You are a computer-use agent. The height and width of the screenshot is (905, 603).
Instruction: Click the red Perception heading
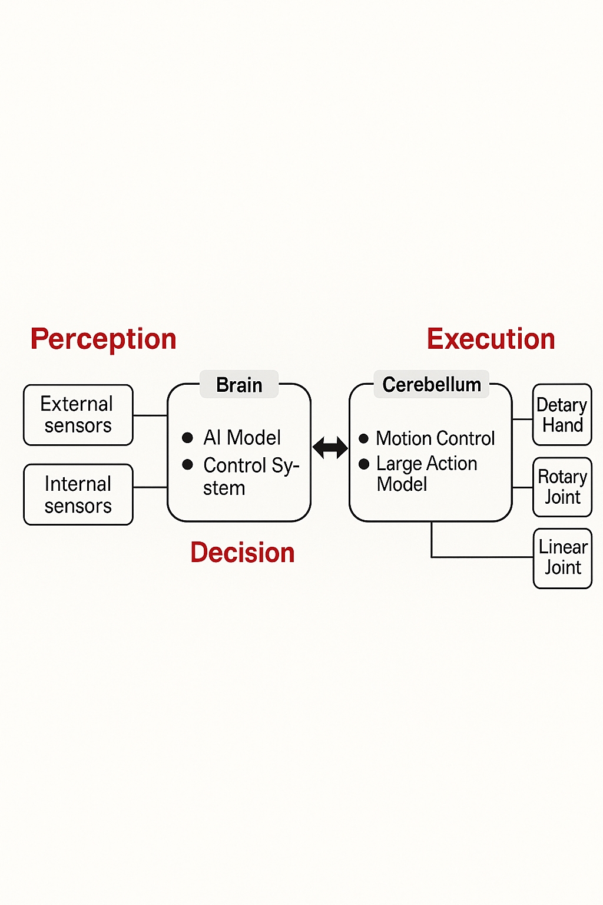tap(103, 339)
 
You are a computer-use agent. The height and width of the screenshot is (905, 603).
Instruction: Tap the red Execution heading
tap(491, 339)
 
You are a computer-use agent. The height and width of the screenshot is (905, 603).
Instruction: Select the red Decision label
tap(242, 553)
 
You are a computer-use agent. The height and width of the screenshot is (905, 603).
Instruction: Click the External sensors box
tap(78, 415)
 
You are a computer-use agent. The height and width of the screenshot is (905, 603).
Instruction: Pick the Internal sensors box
tap(78, 494)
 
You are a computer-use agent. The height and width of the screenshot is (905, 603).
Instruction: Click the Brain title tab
tap(239, 385)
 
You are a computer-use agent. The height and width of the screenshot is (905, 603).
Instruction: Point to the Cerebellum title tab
tap(432, 385)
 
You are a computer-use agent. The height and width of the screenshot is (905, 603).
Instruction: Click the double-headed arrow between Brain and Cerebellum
tap(330, 448)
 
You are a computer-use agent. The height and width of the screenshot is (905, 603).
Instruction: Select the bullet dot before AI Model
tap(188, 438)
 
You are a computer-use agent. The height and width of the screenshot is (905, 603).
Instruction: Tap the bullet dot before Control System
tap(188, 465)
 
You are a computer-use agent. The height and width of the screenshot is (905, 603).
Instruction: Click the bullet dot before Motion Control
tap(364, 438)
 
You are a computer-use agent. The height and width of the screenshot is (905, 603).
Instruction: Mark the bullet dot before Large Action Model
tap(364, 464)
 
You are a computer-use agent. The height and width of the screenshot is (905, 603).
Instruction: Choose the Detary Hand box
tap(562, 415)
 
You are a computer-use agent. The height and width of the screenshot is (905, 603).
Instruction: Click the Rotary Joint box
tap(562, 487)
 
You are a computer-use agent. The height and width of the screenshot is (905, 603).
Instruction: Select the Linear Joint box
tap(562, 557)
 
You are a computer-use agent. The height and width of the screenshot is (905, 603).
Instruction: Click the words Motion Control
tap(435, 438)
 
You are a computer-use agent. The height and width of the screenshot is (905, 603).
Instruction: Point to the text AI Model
tap(242, 438)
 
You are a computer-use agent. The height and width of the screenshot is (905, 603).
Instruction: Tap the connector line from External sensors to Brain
tap(150, 415)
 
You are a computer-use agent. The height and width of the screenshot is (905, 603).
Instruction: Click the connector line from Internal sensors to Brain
tap(150, 487)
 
